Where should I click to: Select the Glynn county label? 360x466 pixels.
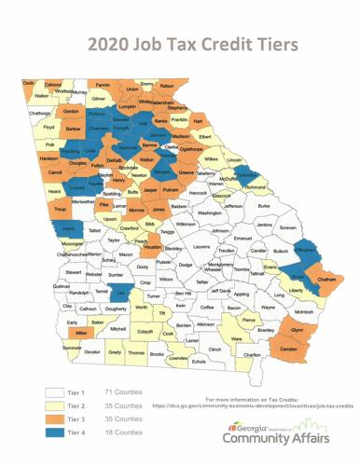(298, 329)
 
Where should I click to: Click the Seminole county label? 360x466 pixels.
(71, 347)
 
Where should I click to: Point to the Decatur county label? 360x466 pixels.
(91, 353)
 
